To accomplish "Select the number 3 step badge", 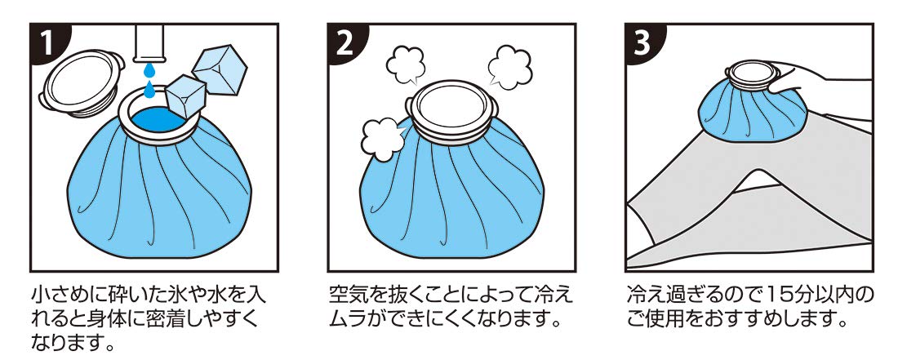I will pyautogui.click(x=646, y=43).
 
